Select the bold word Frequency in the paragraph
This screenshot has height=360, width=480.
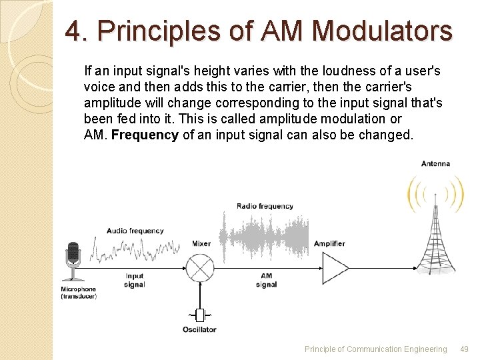(x=144, y=135)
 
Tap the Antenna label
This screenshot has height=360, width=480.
(x=435, y=163)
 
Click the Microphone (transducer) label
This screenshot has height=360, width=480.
(x=79, y=293)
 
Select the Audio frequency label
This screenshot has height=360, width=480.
(x=135, y=231)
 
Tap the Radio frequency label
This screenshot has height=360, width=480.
(x=265, y=206)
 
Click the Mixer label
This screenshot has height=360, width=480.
(x=201, y=244)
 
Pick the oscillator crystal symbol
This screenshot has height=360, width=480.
(x=199, y=314)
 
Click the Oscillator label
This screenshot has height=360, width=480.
(x=199, y=329)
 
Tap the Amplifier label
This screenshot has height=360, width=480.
(x=329, y=244)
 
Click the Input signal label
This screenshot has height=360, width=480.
(x=134, y=280)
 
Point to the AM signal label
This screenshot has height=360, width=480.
(x=267, y=280)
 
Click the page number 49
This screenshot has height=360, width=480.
(x=465, y=349)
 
